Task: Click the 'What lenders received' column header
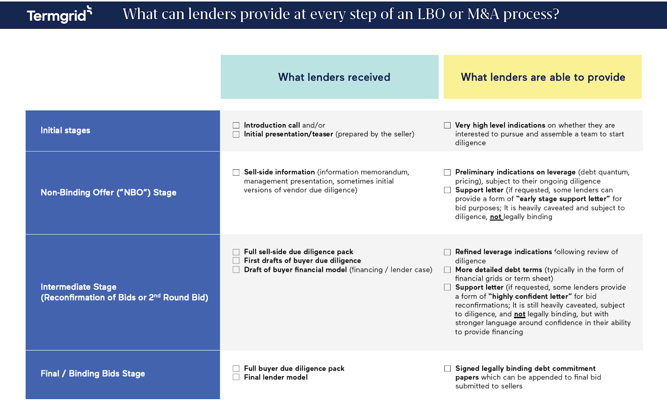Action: [x=334, y=77]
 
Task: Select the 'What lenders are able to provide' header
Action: [x=543, y=77]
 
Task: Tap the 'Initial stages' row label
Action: [x=65, y=131]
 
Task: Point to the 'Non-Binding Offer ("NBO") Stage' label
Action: [x=108, y=193]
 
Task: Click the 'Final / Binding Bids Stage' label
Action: [x=93, y=374]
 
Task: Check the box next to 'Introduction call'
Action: [x=236, y=126]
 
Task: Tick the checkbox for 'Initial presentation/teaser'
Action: [x=236, y=134]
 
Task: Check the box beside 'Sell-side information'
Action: [x=236, y=172]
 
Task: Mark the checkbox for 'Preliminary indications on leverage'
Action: [x=447, y=172]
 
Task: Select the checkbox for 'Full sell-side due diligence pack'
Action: [x=236, y=252]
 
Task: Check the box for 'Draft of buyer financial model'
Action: [x=236, y=270]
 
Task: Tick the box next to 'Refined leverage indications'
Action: [x=447, y=252]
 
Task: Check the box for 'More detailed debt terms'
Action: [x=447, y=270]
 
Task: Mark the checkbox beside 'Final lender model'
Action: [x=236, y=377]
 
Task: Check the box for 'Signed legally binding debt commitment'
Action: [x=447, y=369]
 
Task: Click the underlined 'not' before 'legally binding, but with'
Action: [x=519, y=314]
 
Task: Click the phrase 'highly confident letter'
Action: [x=530, y=296]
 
